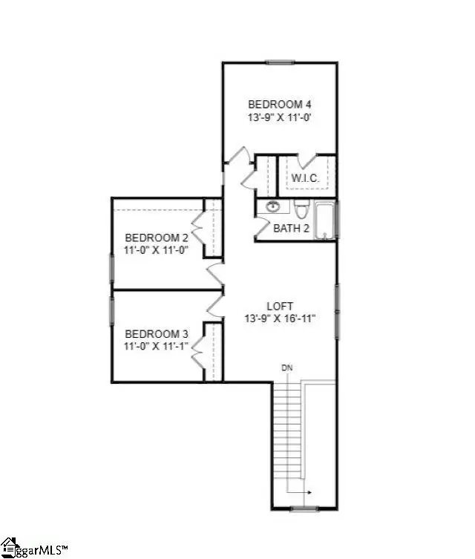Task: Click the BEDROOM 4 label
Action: pyautogui.click(x=279, y=105)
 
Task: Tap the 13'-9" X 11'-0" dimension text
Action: pyautogui.click(x=280, y=117)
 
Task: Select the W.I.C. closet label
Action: pyautogui.click(x=305, y=178)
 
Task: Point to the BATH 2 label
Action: pyautogui.click(x=291, y=228)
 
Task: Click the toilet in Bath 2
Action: pyautogui.click(x=301, y=209)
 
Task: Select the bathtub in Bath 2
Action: pyautogui.click(x=325, y=220)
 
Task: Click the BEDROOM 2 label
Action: pyautogui.click(x=157, y=238)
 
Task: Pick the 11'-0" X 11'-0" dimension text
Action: pyautogui.click(x=156, y=250)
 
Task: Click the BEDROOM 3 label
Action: pyautogui.click(x=157, y=334)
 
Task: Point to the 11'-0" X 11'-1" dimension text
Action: pyautogui.click(x=156, y=346)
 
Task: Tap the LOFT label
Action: pyautogui.click(x=280, y=307)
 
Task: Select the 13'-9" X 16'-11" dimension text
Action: pyautogui.click(x=280, y=318)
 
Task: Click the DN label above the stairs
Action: pyautogui.click(x=287, y=367)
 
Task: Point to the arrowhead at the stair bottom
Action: pyautogui.click(x=309, y=492)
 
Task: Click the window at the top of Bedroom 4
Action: pyautogui.click(x=281, y=62)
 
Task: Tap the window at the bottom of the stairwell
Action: pyautogui.click(x=304, y=509)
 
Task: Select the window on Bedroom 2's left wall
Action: pyautogui.click(x=111, y=269)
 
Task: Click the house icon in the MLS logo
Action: pyautogui.click(x=9, y=548)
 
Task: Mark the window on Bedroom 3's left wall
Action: pyautogui.click(x=111, y=311)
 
